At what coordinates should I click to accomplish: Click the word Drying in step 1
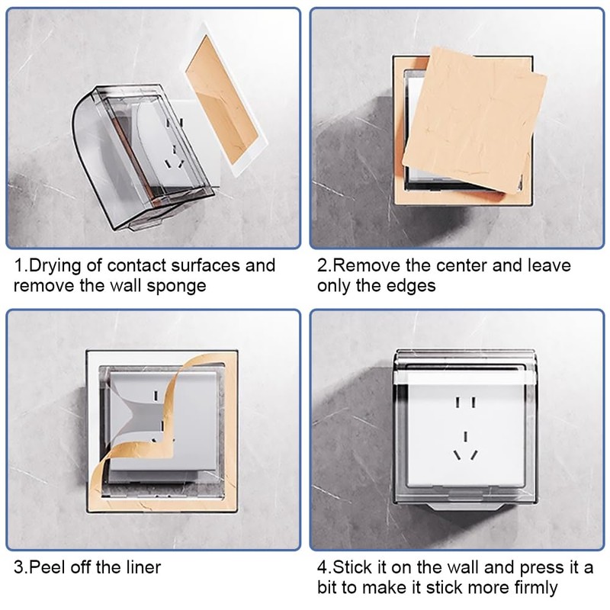pyautogui.click(x=55, y=266)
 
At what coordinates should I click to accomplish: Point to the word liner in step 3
pyautogui.click(x=143, y=567)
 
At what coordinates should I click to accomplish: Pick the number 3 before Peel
pyautogui.click(x=18, y=567)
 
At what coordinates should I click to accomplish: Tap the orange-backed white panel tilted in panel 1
pyautogui.click(x=226, y=101)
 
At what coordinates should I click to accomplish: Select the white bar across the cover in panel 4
pyautogui.click(x=465, y=377)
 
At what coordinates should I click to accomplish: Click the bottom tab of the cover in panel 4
pyautogui.click(x=464, y=506)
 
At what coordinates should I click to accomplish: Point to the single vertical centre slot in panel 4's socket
pyautogui.click(x=465, y=436)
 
